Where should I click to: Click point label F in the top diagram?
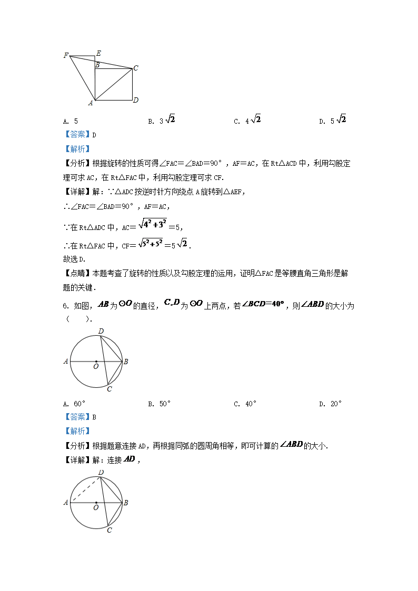click(x=66, y=55)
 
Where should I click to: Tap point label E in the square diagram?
click(x=98, y=54)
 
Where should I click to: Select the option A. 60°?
click(x=74, y=404)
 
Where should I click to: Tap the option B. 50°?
click(x=159, y=404)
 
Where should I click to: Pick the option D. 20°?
click(x=330, y=404)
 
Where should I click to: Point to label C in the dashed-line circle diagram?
click(x=109, y=530)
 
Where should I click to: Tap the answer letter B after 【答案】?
click(x=94, y=417)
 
